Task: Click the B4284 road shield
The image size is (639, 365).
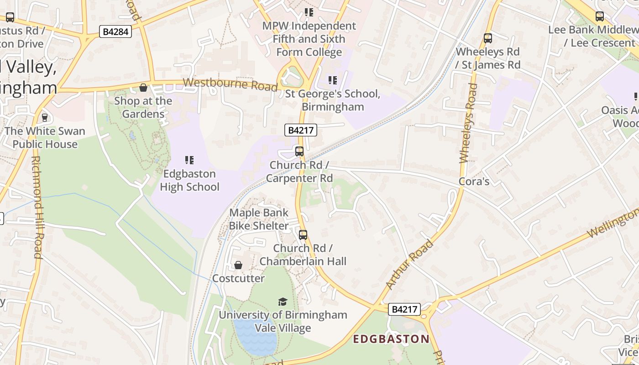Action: coord(115,31)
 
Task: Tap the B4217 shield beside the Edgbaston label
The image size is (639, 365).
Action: coord(404,309)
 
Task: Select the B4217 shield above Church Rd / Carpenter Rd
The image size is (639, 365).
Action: coord(301,130)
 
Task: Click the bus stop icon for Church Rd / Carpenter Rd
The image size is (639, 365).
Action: coord(299,151)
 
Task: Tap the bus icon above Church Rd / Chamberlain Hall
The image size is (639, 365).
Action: coord(303,235)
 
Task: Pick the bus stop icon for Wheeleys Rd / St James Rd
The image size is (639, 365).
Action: coord(488,38)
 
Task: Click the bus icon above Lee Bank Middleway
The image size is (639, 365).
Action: coord(600,16)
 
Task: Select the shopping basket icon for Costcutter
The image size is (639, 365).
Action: coord(238,265)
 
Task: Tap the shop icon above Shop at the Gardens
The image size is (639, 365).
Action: coord(143,88)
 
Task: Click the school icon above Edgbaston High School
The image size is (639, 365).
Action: coord(189,160)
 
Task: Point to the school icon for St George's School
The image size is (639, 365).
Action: coord(333,80)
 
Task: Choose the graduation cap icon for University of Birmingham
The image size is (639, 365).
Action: coord(283,302)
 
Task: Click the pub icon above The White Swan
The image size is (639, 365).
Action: coord(45,118)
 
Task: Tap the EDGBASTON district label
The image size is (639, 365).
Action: coord(392,339)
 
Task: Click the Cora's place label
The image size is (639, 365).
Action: coord(474,182)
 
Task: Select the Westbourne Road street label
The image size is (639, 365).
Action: coord(230,84)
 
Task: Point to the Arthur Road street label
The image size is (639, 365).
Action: coord(409,265)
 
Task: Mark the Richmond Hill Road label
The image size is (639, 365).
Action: coord(37,208)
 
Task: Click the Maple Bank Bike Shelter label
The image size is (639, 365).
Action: coord(259,219)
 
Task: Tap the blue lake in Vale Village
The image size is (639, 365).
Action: coord(255,337)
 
